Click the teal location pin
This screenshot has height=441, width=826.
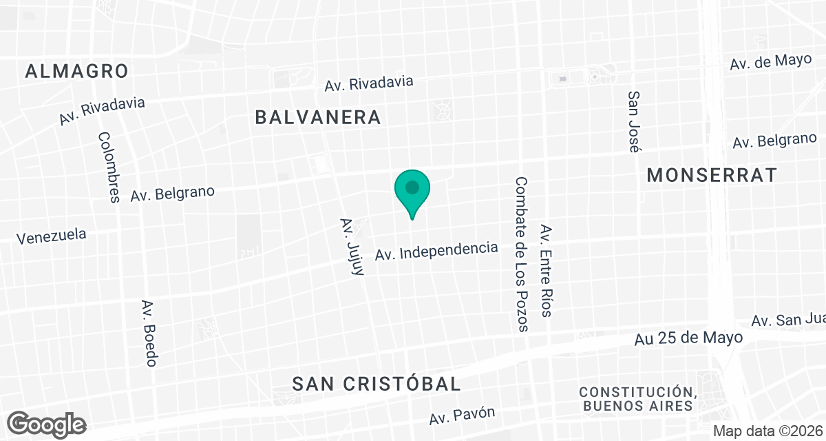pos(412,189)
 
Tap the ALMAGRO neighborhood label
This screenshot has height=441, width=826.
pos(77,71)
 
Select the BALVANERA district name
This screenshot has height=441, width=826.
pos(318,117)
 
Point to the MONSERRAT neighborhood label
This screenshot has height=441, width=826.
pos(712,175)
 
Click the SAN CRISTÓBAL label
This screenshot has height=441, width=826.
pos(377,384)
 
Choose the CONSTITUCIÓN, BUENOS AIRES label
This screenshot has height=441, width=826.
pos(637,398)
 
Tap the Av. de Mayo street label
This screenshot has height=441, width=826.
pos(771,62)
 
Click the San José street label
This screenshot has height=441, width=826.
pos(634,121)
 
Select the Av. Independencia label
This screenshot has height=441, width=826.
pos(436,251)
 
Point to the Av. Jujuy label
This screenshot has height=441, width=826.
pos(351,247)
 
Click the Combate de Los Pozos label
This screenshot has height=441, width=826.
pos(521,254)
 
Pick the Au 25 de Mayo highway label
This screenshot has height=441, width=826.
pos(688,338)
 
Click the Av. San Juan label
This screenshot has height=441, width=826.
pos(788,320)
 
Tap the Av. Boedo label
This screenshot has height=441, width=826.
pos(150,333)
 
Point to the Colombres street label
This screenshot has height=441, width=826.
pos(109,167)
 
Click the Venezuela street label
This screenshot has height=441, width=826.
pos(52,236)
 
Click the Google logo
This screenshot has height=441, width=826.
pos(47,424)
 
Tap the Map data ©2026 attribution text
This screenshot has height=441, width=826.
pos(767,431)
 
